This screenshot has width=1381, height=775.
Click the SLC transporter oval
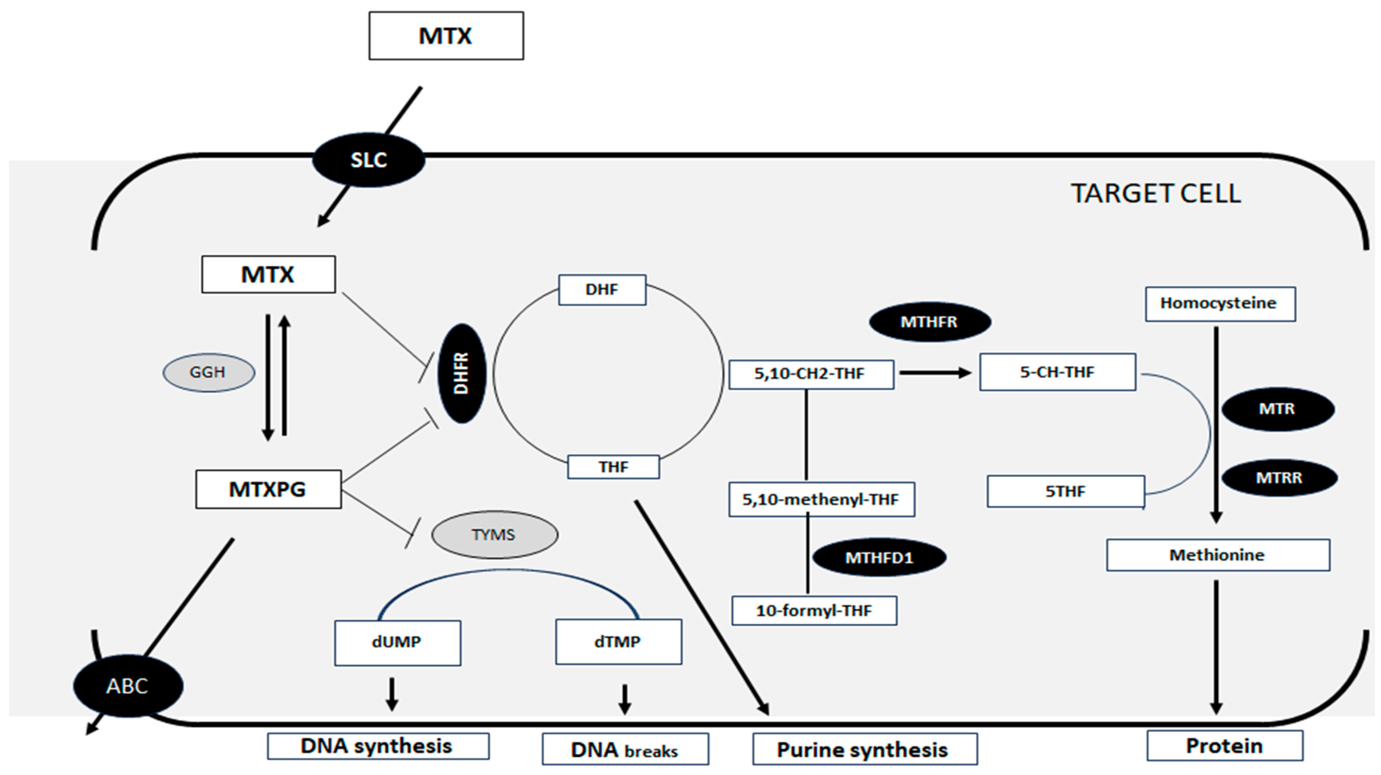(x=369, y=160)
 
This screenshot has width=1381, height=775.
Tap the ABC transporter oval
(x=128, y=685)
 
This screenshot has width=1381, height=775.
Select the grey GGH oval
(x=209, y=372)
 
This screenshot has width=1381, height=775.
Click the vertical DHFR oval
(x=462, y=373)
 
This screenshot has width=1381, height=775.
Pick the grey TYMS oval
(x=494, y=535)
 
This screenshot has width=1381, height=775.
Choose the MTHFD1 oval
(x=879, y=557)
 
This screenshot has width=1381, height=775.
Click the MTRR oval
(x=1279, y=478)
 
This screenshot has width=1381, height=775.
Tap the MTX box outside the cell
(x=446, y=36)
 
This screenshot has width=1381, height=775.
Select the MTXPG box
(x=268, y=489)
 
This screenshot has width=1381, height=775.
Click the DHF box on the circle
(x=602, y=290)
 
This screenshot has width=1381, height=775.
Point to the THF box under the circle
(x=613, y=467)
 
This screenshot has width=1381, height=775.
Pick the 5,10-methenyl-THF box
(x=821, y=499)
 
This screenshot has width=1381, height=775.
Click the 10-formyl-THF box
(x=814, y=611)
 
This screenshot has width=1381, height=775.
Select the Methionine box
(x=1217, y=555)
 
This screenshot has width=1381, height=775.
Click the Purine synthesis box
(x=864, y=749)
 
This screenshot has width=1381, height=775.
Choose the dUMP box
(x=397, y=643)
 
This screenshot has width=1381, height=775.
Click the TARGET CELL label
(x=1156, y=194)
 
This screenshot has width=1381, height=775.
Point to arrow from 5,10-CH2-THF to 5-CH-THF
(x=935, y=373)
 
